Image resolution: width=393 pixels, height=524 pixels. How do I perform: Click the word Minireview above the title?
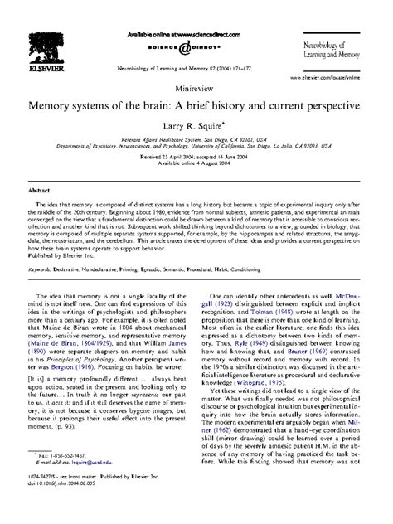click(196, 85)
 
